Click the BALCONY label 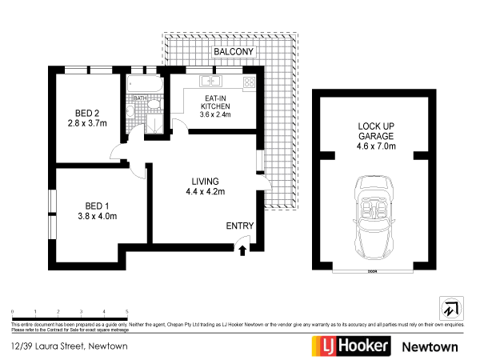[233, 52]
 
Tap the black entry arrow [242, 250]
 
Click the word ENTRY [241, 227]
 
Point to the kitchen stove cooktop [249, 82]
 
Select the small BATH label [140, 98]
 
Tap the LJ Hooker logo [351, 346]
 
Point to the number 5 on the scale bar [126, 309]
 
